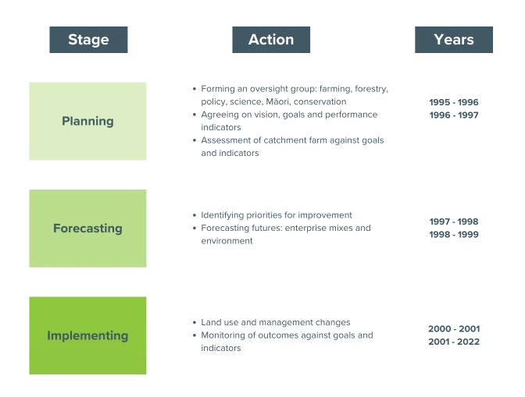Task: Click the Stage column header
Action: [x=87, y=40]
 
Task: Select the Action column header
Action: [x=271, y=40]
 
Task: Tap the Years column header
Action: [x=453, y=40]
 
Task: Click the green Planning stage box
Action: [x=87, y=122]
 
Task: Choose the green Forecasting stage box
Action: [x=87, y=228]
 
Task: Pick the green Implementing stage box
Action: [x=87, y=336]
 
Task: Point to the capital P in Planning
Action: [x=66, y=121]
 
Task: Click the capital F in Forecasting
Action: [x=56, y=229]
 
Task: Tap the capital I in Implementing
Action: [x=48, y=335]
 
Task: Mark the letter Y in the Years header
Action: [x=437, y=40]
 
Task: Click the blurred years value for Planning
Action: [x=453, y=105]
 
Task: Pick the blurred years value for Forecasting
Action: [x=453, y=227]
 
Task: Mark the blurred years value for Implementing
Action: [x=453, y=336]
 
